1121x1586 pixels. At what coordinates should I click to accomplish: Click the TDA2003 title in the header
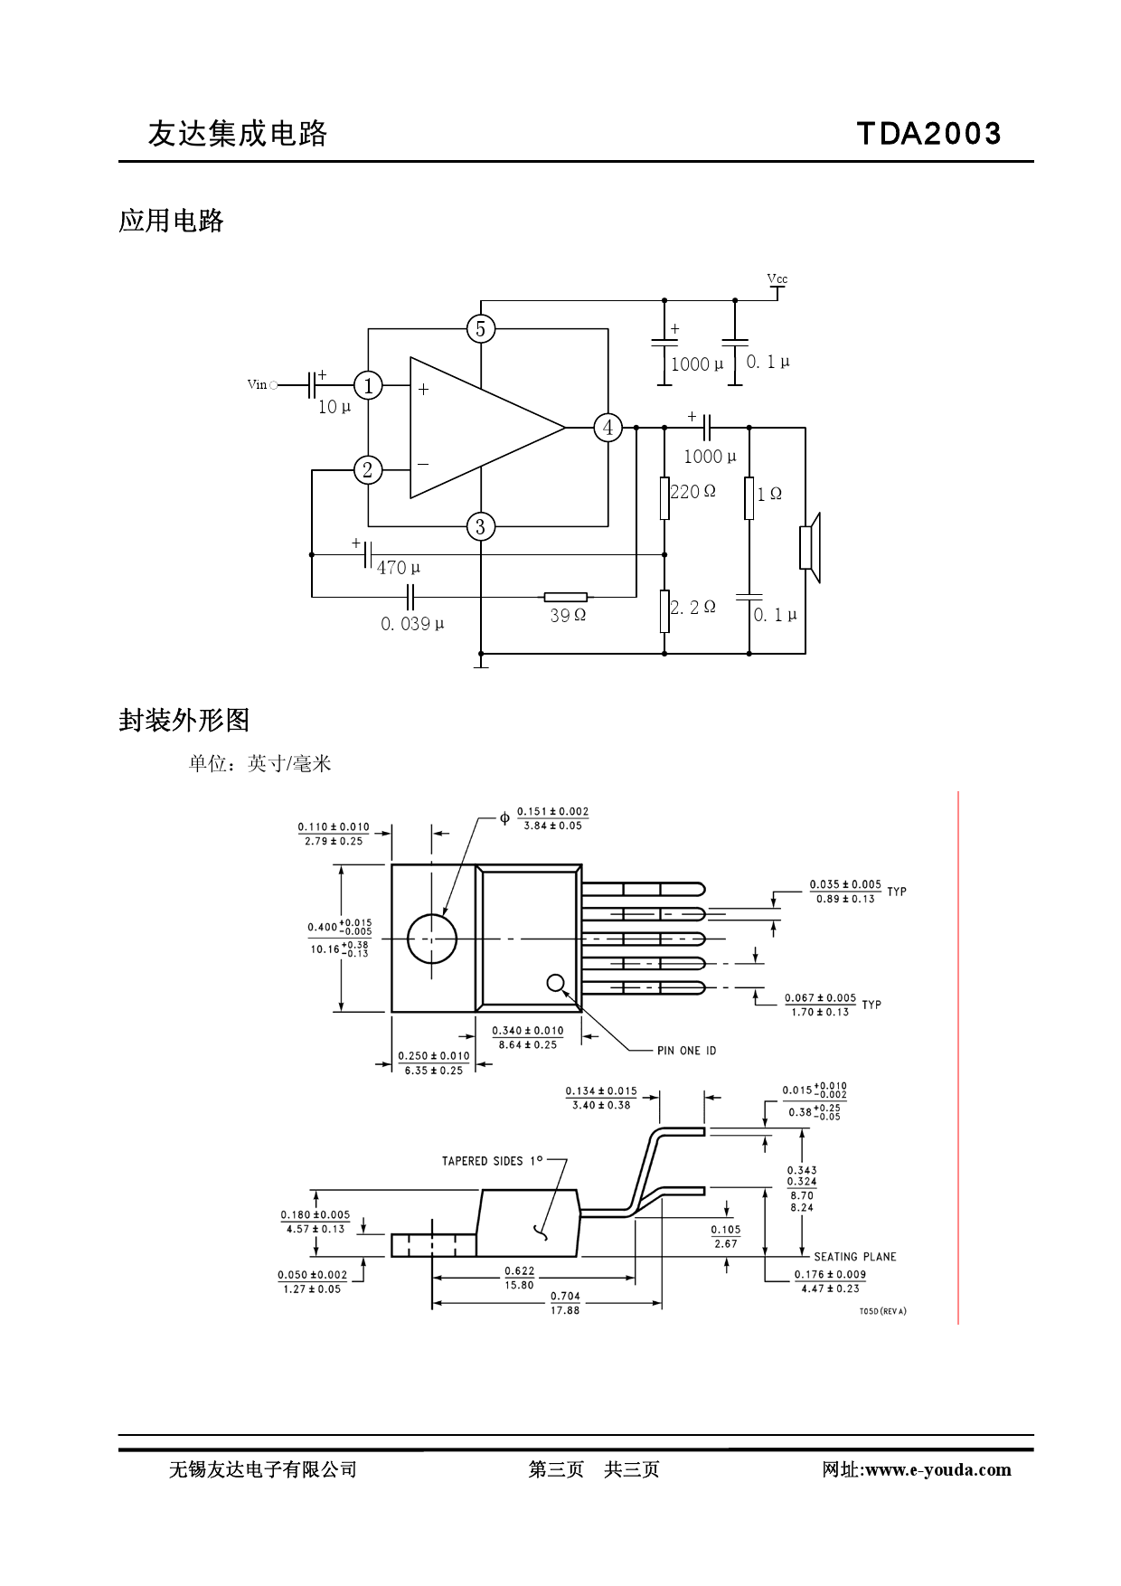coord(928,134)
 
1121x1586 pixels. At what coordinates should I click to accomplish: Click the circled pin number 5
coord(481,329)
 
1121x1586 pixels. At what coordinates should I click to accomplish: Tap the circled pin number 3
coord(481,527)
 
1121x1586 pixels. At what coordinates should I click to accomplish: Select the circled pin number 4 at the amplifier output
coord(608,428)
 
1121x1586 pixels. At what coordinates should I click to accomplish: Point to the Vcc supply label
coord(777,279)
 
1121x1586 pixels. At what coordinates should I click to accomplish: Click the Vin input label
coord(257,385)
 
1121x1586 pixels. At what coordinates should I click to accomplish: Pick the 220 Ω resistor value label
coord(692,492)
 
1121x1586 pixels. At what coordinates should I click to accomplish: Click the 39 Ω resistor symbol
coord(566,597)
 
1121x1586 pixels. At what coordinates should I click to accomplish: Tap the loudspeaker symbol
coord(810,548)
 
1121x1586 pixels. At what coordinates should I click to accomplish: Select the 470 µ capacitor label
coord(399,568)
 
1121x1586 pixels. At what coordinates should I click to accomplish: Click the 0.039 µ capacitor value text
coord(412,624)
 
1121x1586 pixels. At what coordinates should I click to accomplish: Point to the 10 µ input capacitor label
coord(334,407)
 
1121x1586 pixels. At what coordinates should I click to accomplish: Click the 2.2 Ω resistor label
coord(693,608)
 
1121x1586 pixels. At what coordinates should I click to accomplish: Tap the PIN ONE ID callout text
coord(686,1051)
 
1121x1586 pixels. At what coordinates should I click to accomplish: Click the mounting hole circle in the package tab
coord(432,939)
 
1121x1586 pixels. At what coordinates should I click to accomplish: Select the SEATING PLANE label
coord(854,1257)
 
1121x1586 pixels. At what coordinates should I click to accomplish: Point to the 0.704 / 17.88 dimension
coord(565,1303)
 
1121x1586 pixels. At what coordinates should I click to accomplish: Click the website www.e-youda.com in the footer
coord(937,1469)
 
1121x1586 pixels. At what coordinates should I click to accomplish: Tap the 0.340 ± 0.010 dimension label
coord(528,1031)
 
